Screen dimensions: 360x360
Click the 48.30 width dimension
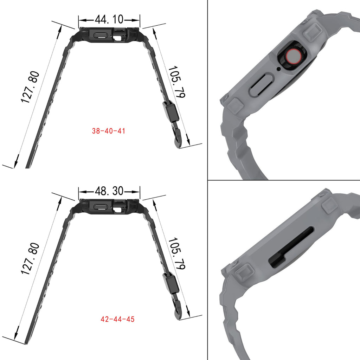109,191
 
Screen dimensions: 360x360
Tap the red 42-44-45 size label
117,320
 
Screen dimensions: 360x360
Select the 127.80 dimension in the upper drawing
31,87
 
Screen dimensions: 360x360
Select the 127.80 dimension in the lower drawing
31,259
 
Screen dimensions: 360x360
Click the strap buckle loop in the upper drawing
171,111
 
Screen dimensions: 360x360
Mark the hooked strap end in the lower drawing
179,311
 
